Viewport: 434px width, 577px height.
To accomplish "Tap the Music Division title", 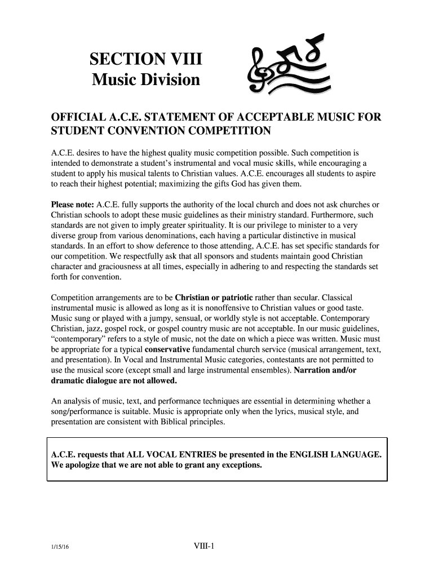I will click(x=145, y=81).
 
